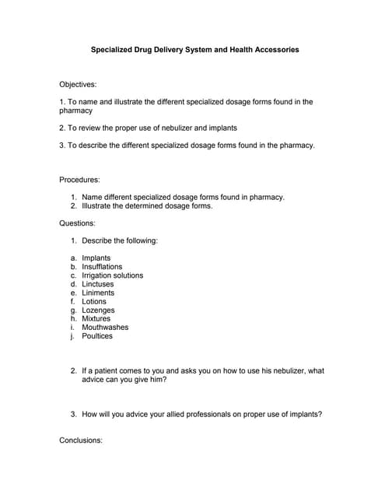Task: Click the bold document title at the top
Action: click(194, 50)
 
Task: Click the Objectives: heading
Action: click(78, 84)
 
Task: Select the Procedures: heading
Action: click(79, 180)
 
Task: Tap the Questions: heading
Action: click(77, 223)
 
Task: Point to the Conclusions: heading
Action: click(81, 440)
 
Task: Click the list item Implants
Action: click(96, 258)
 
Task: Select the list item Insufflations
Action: click(102, 267)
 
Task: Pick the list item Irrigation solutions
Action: click(113, 275)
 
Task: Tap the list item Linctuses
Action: click(98, 284)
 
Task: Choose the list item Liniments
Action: click(98, 293)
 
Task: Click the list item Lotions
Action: click(94, 301)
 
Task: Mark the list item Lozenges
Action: click(98, 310)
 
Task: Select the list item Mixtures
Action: click(96, 318)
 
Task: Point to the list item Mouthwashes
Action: click(105, 327)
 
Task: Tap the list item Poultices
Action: click(97, 336)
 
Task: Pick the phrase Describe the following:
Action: click(120, 240)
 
